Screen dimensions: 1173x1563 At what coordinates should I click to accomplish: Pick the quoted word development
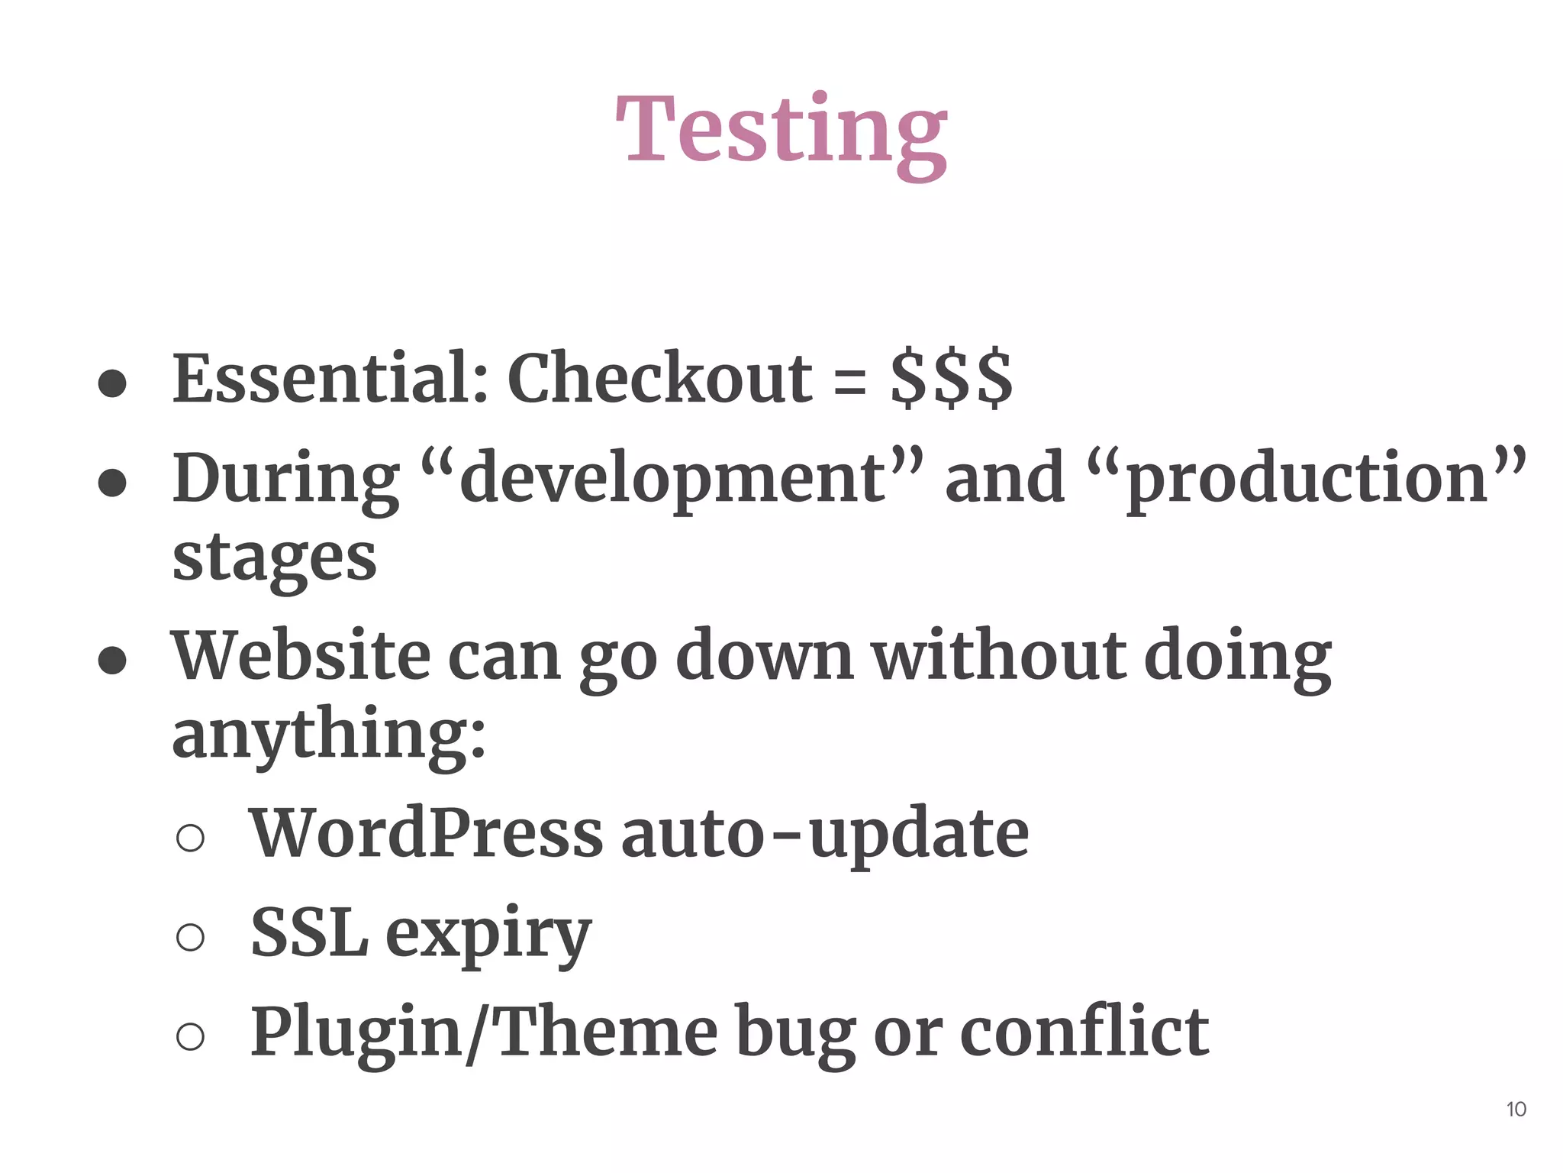coord(672,480)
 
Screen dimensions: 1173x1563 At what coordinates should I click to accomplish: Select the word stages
coord(275,559)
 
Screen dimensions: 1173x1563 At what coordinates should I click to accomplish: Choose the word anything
coord(328,735)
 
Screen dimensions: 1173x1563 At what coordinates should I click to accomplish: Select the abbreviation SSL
coord(309,932)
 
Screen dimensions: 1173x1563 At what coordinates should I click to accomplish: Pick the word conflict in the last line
coord(1084,1032)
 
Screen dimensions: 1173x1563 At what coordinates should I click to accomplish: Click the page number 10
coord(1516,1110)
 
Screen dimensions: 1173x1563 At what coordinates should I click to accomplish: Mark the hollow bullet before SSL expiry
coord(190,937)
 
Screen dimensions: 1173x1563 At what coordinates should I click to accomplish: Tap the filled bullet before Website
coord(112,661)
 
